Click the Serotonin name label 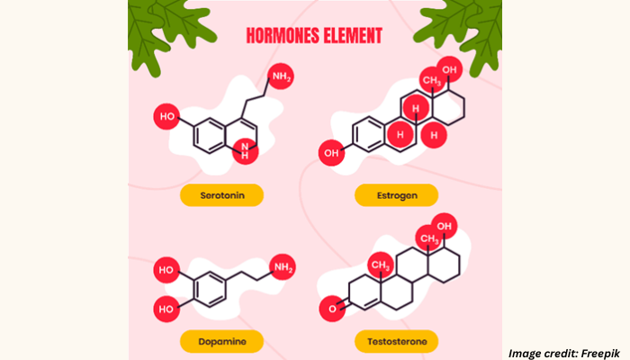(x=221, y=195)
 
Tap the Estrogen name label (x=397, y=195)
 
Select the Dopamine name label (x=221, y=341)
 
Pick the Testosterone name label (x=397, y=341)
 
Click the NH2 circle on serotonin (x=281, y=76)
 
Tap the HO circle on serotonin (x=166, y=116)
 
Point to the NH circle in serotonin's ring (x=245, y=151)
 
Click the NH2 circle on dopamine (x=283, y=267)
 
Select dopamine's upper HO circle (x=166, y=270)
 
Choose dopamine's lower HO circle (x=166, y=309)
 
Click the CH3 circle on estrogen (x=431, y=80)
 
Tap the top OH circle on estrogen (x=450, y=69)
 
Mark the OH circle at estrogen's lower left (x=331, y=153)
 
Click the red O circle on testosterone (x=332, y=309)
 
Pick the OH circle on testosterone (x=445, y=226)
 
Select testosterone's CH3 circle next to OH (x=428, y=238)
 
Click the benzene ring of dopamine (x=210, y=290)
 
